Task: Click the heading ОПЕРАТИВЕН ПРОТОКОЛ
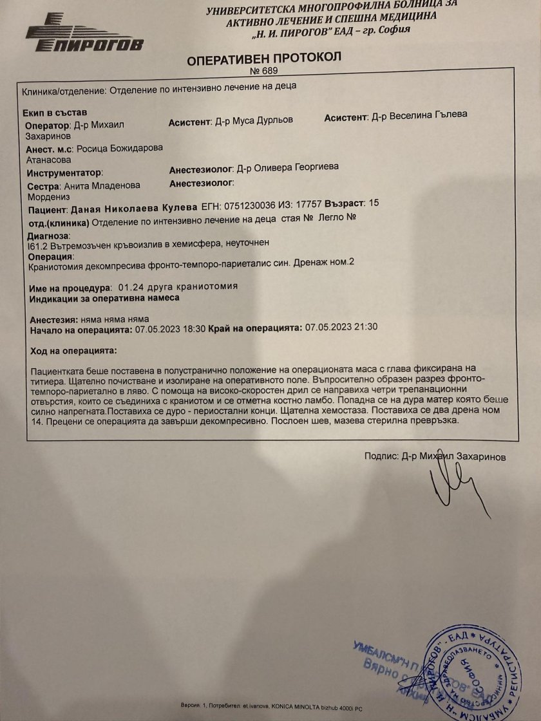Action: (x=264, y=60)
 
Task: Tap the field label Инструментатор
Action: (x=65, y=173)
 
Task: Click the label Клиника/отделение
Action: (x=61, y=91)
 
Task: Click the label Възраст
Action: (x=343, y=203)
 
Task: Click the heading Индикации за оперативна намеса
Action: (x=105, y=298)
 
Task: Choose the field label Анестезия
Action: (x=53, y=319)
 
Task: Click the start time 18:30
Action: (x=194, y=328)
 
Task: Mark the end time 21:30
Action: (x=365, y=328)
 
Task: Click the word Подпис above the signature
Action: (x=380, y=456)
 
